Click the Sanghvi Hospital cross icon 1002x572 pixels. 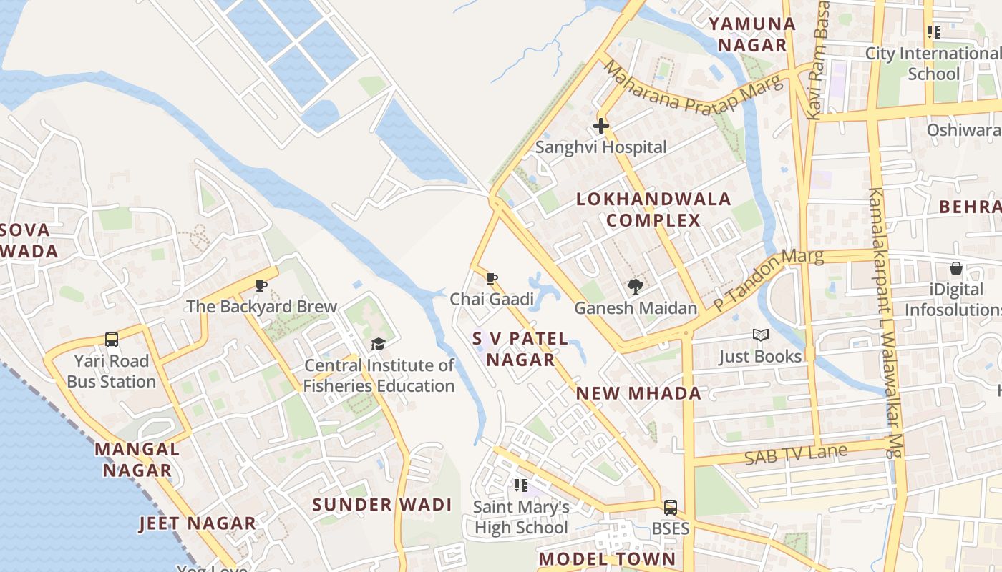tap(601, 127)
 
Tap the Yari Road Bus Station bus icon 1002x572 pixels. tap(112, 339)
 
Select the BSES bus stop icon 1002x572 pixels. tap(670, 507)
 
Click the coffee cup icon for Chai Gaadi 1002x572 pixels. tap(491, 278)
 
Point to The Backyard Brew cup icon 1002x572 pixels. tap(261, 286)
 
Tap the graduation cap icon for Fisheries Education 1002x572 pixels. tap(378, 345)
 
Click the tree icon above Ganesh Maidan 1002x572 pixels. tap(635, 287)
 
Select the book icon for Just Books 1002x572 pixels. tap(760, 335)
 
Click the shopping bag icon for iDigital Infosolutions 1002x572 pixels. tap(955, 269)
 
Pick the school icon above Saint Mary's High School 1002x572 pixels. tap(520, 485)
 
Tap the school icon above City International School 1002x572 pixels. tap(933, 32)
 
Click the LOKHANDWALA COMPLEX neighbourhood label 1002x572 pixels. tap(653, 209)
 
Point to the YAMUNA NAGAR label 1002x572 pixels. tap(752, 34)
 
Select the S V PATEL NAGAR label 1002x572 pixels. tap(520, 349)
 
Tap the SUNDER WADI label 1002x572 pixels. tap(382, 505)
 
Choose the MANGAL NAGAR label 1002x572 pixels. tap(137, 460)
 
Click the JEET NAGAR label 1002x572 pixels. tap(197, 523)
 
